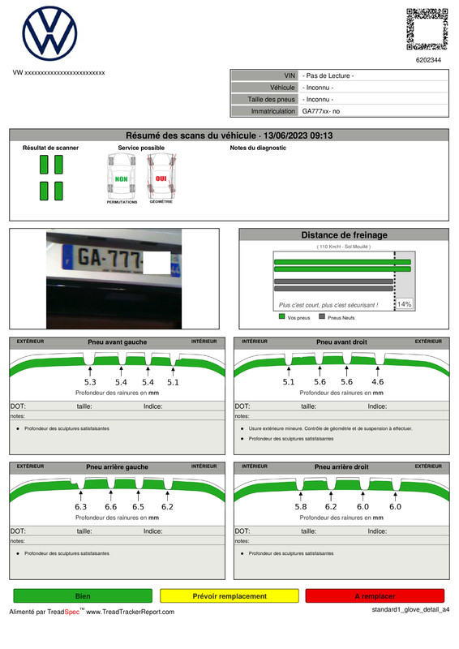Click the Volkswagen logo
pyautogui.click(x=49, y=33)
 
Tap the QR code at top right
pyautogui.click(x=427, y=29)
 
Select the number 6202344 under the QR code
pyautogui.click(x=428, y=60)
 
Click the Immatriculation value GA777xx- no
pyautogui.click(x=321, y=111)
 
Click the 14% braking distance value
pyautogui.click(x=404, y=303)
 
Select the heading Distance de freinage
pyautogui.click(x=344, y=235)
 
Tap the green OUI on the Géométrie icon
pyautogui.click(x=161, y=178)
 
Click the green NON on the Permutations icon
pyautogui.click(x=122, y=178)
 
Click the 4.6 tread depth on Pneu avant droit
pyautogui.click(x=377, y=381)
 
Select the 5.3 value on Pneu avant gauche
pyautogui.click(x=90, y=381)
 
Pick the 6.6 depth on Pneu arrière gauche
pyautogui.click(x=110, y=506)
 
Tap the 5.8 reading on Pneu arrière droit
pyautogui.click(x=300, y=506)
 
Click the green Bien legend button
pyautogui.click(x=83, y=595)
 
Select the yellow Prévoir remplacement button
pyautogui.click(x=229, y=595)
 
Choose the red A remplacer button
pyautogui.click(x=375, y=595)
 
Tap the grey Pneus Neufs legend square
pyautogui.click(x=322, y=317)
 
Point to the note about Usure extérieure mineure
pyautogui.click(x=330, y=428)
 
